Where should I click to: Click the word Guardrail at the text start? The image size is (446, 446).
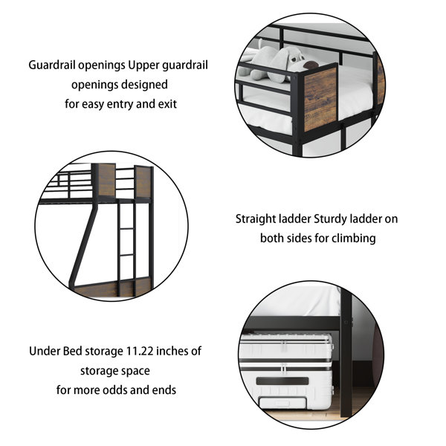click(52, 65)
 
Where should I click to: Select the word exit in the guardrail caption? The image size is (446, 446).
click(167, 104)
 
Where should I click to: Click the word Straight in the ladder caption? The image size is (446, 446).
click(256, 219)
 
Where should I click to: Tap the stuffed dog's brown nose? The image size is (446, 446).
click(311, 65)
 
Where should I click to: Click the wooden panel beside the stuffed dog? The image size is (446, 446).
click(320, 98)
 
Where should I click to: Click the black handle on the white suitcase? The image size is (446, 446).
click(282, 381)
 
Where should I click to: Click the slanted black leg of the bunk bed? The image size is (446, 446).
click(82, 247)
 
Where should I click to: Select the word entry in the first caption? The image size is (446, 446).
click(120, 104)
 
